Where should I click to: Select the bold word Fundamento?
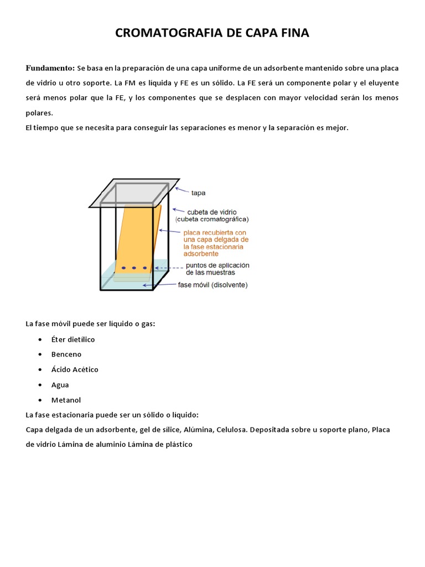pos(50,68)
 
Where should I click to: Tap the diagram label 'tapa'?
pos(199,193)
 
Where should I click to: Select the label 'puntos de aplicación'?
pos(217,265)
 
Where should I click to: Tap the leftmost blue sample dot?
pos(124,269)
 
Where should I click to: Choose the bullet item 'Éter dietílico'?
pos(73,339)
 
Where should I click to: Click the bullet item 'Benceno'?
pos(66,354)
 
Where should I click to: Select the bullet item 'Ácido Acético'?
pos(75,369)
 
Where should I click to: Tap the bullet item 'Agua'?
pos(60,384)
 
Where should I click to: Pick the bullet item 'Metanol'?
pos(66,400)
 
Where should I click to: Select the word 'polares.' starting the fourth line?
pos(39,112)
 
